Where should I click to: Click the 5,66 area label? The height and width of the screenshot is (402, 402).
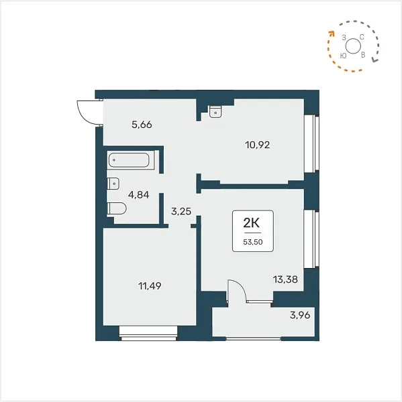point(142,125)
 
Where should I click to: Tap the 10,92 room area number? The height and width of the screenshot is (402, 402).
point(258,145)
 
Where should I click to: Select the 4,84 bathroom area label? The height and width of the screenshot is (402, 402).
point(139,195)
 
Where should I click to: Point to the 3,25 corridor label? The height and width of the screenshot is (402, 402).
point(181,212)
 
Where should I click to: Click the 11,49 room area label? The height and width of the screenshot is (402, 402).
point(150,286)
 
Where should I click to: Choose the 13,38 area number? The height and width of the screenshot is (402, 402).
point(285,279)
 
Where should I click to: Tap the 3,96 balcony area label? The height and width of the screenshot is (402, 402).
point(300,315)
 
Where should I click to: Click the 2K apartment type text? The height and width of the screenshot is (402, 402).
point(252,224)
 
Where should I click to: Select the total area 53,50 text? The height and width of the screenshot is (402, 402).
point(253,242)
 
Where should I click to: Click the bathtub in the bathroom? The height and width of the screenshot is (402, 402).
point(129,160)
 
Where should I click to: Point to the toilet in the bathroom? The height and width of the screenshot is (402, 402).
point(117,208)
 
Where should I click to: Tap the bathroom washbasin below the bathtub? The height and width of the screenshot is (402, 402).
point(113,184)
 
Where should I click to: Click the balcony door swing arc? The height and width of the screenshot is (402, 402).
point(241,287)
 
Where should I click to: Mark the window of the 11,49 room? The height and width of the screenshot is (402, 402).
point(148,333)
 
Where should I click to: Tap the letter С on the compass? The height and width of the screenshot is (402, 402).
point(362,37)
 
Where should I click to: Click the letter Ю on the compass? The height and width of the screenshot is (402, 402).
point(343,56)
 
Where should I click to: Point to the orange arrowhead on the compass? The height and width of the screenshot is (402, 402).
point(332,33)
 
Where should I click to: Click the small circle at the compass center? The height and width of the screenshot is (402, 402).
point(353,46)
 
